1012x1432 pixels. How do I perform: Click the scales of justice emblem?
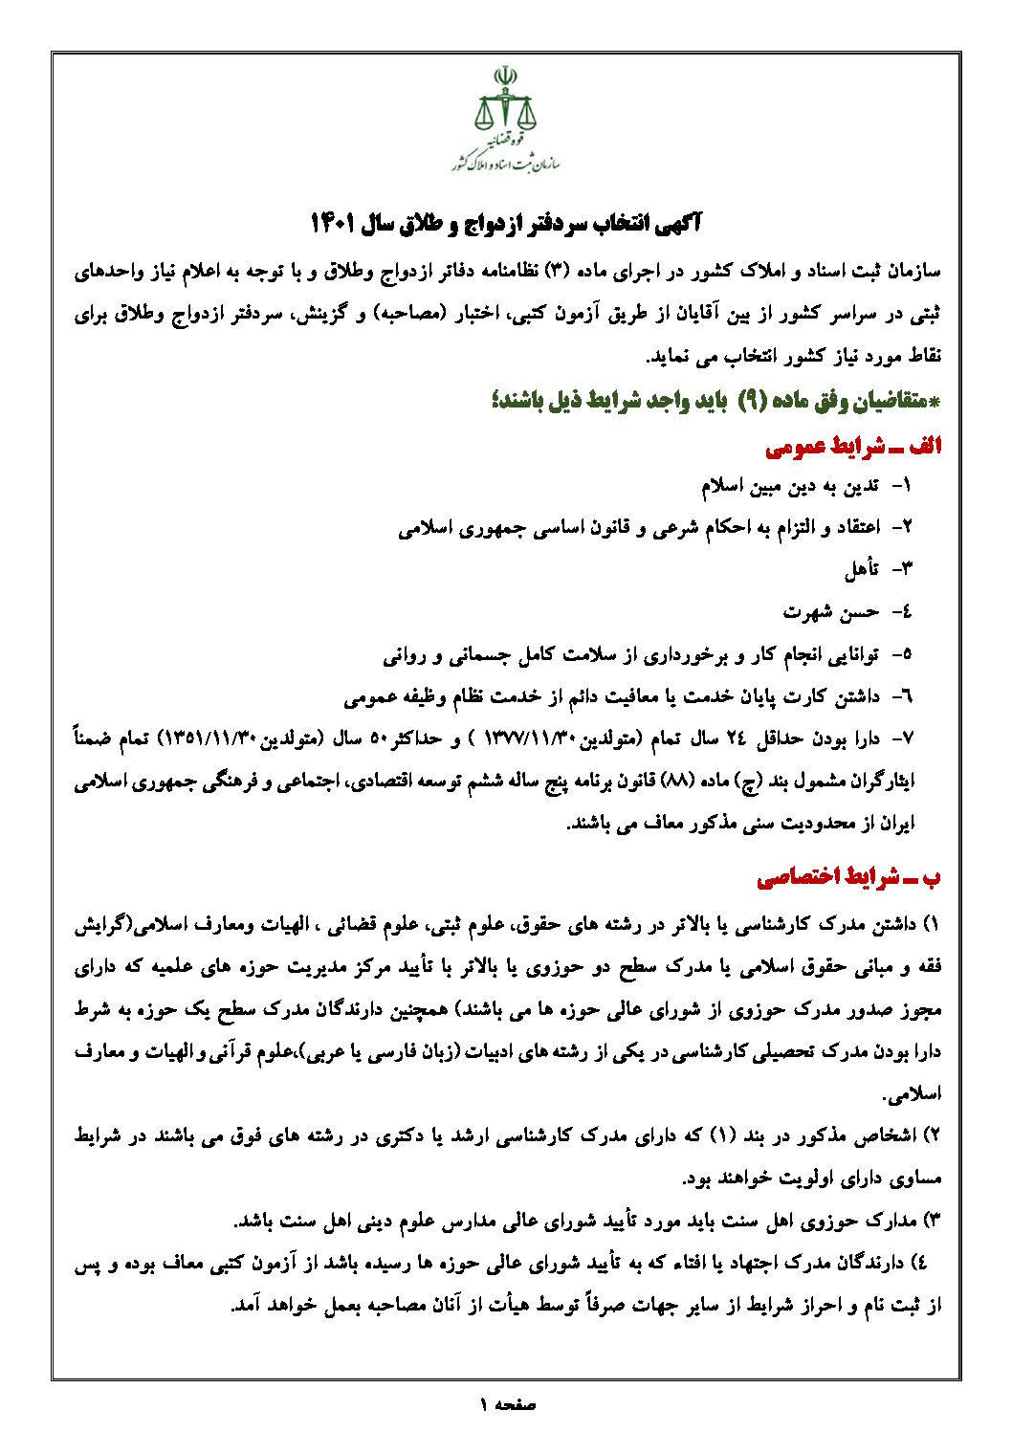click(x=505, y=103)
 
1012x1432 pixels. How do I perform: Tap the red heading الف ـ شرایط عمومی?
click(x=854, y=447)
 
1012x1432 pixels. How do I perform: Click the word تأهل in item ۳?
click(x=861, y=569)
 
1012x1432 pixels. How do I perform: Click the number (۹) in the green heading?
click(x=750, y=403)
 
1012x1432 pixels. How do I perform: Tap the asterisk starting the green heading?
click(x=935, y=403)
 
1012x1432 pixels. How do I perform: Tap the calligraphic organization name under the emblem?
click(x=505, y=159)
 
